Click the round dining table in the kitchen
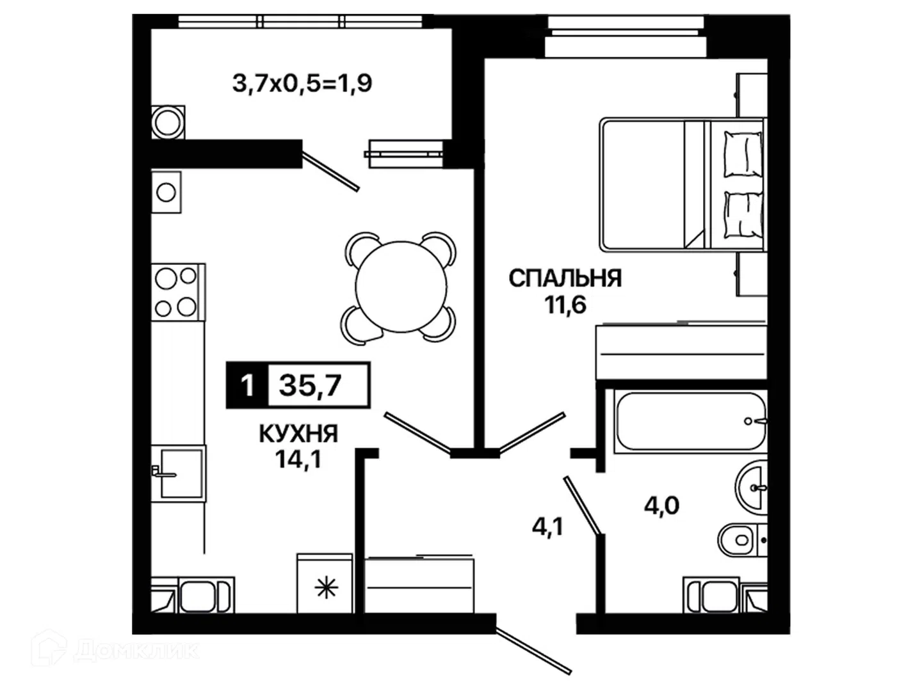(401, 287)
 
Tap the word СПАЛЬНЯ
(565, 278)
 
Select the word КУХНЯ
(298, 434)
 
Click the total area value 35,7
(310, 385)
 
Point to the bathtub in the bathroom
(690, 421)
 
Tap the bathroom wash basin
(751, 488)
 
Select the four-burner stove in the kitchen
(178, 292)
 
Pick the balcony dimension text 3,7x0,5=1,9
(302, 83)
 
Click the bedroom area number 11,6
(565, 305)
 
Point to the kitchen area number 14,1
(298, 459)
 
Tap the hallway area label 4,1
(547, 527)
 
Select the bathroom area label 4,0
(661, 506)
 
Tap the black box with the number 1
(247, 385)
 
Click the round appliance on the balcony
(168, 122)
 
